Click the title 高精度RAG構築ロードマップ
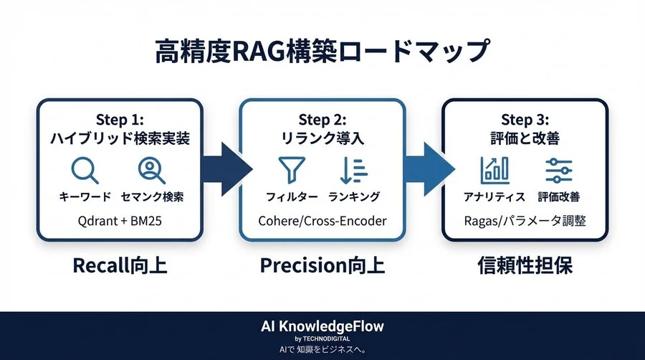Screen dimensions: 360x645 tap(322, 54)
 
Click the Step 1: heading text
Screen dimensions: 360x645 tap(120, 119)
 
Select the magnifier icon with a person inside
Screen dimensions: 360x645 tap(151, 170)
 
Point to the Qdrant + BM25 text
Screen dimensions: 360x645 tap(120, 221)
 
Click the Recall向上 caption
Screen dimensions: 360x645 tap(120, 266)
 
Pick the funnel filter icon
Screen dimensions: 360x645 tap(290, 170)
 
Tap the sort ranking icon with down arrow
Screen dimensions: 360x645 tap(353, 170)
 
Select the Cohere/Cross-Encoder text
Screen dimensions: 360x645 tap(322, 221)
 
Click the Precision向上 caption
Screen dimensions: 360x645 tap(322, 266)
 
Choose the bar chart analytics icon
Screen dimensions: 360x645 tap(494, 170)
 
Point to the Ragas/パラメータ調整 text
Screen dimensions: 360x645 tap(525, 221)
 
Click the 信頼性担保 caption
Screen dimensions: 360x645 tap(525, 266)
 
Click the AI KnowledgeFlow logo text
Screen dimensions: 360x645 tap(322, 326)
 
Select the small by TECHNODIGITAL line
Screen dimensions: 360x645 tap(322, 338)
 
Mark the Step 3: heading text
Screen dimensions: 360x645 tap(525, 119)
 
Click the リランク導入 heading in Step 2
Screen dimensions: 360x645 tap(322, 138)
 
